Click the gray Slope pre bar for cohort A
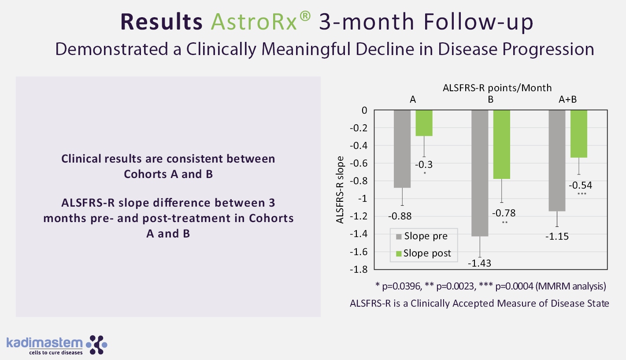(402, 148)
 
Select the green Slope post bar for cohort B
(502, 145)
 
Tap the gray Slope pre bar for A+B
(557, 160)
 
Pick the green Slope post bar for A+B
(579, 134)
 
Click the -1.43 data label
(479, 264)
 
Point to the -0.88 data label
(400, 216)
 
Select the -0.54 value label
(581, 186)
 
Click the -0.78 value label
(504, 213)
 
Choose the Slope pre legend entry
(422, 236)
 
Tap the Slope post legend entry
(423, 253)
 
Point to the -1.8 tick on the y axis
(359, 269)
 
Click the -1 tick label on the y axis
(363, 198)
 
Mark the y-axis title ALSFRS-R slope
(340, 190)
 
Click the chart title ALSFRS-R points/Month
(497, 88)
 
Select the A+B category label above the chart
(567, 100)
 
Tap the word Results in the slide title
(161, 22)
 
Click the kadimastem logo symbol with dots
(96, 345)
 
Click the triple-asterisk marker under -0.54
(582, 194)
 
